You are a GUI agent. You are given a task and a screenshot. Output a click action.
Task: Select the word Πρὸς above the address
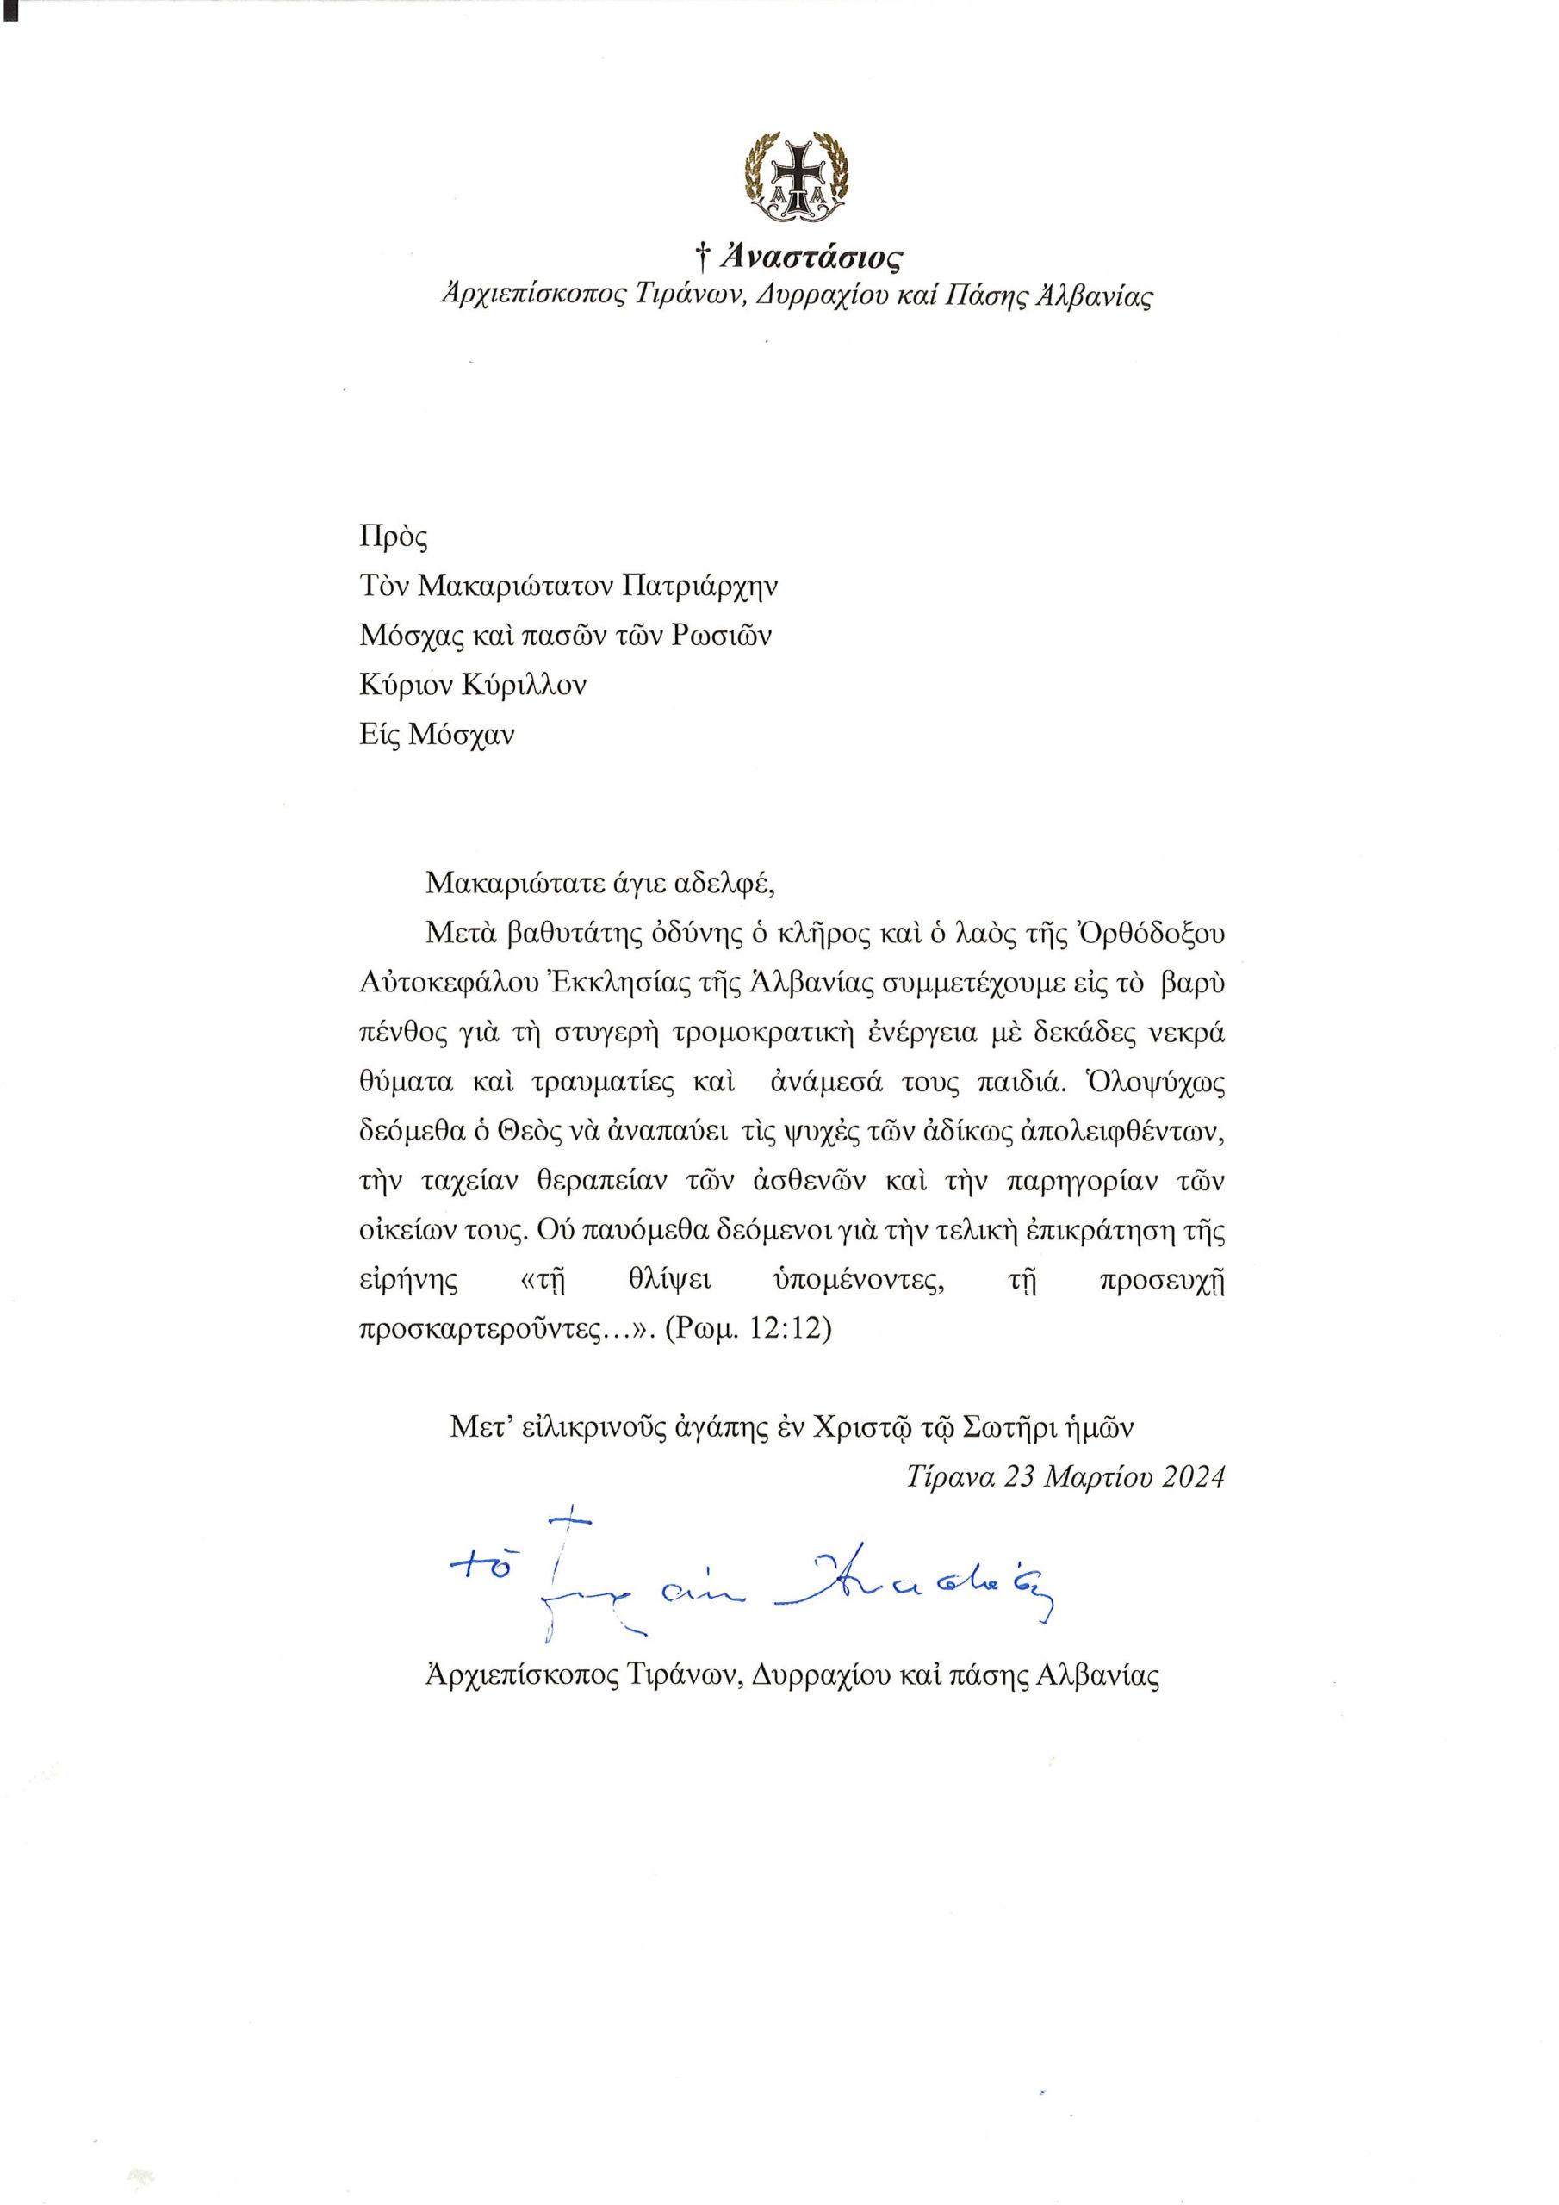(394, 536)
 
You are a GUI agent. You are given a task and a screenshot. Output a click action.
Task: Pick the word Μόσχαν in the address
(463, 735)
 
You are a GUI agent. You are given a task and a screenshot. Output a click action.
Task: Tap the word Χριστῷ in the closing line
(860, 1428)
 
